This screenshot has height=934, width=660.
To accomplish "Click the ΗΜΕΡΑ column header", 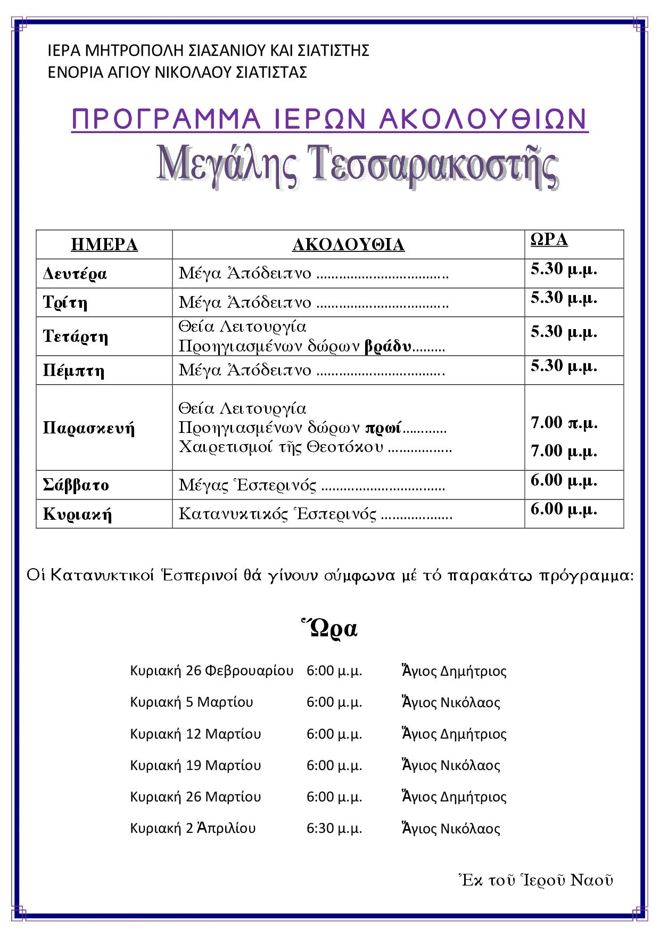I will (x=104, y=244).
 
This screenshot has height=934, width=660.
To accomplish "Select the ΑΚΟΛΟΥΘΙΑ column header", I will (x=348, y=244).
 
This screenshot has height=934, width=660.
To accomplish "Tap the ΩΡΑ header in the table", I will (x=549, y=240).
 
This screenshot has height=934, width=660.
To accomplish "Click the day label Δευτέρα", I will (x=75, y=274).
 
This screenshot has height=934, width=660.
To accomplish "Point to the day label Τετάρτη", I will (x=76, y=337).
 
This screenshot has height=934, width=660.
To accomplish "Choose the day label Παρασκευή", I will (x=89, y=428).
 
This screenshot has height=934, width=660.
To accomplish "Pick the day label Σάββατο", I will (x=76, y=485).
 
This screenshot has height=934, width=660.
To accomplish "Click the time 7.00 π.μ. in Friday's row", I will (x=564, y=423).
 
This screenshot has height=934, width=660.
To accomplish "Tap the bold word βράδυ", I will (x=388, y=347).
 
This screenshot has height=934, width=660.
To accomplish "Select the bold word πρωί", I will (x=383, y=428).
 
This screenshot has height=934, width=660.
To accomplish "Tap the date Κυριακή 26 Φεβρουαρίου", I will (x=211, y=670).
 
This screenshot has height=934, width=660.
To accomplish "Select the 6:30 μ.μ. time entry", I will (x=334, y=829).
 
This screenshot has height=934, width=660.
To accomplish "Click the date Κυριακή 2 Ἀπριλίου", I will (x=193, y=829).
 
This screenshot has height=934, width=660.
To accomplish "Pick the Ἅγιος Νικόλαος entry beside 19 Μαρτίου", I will (x=451, y=765).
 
